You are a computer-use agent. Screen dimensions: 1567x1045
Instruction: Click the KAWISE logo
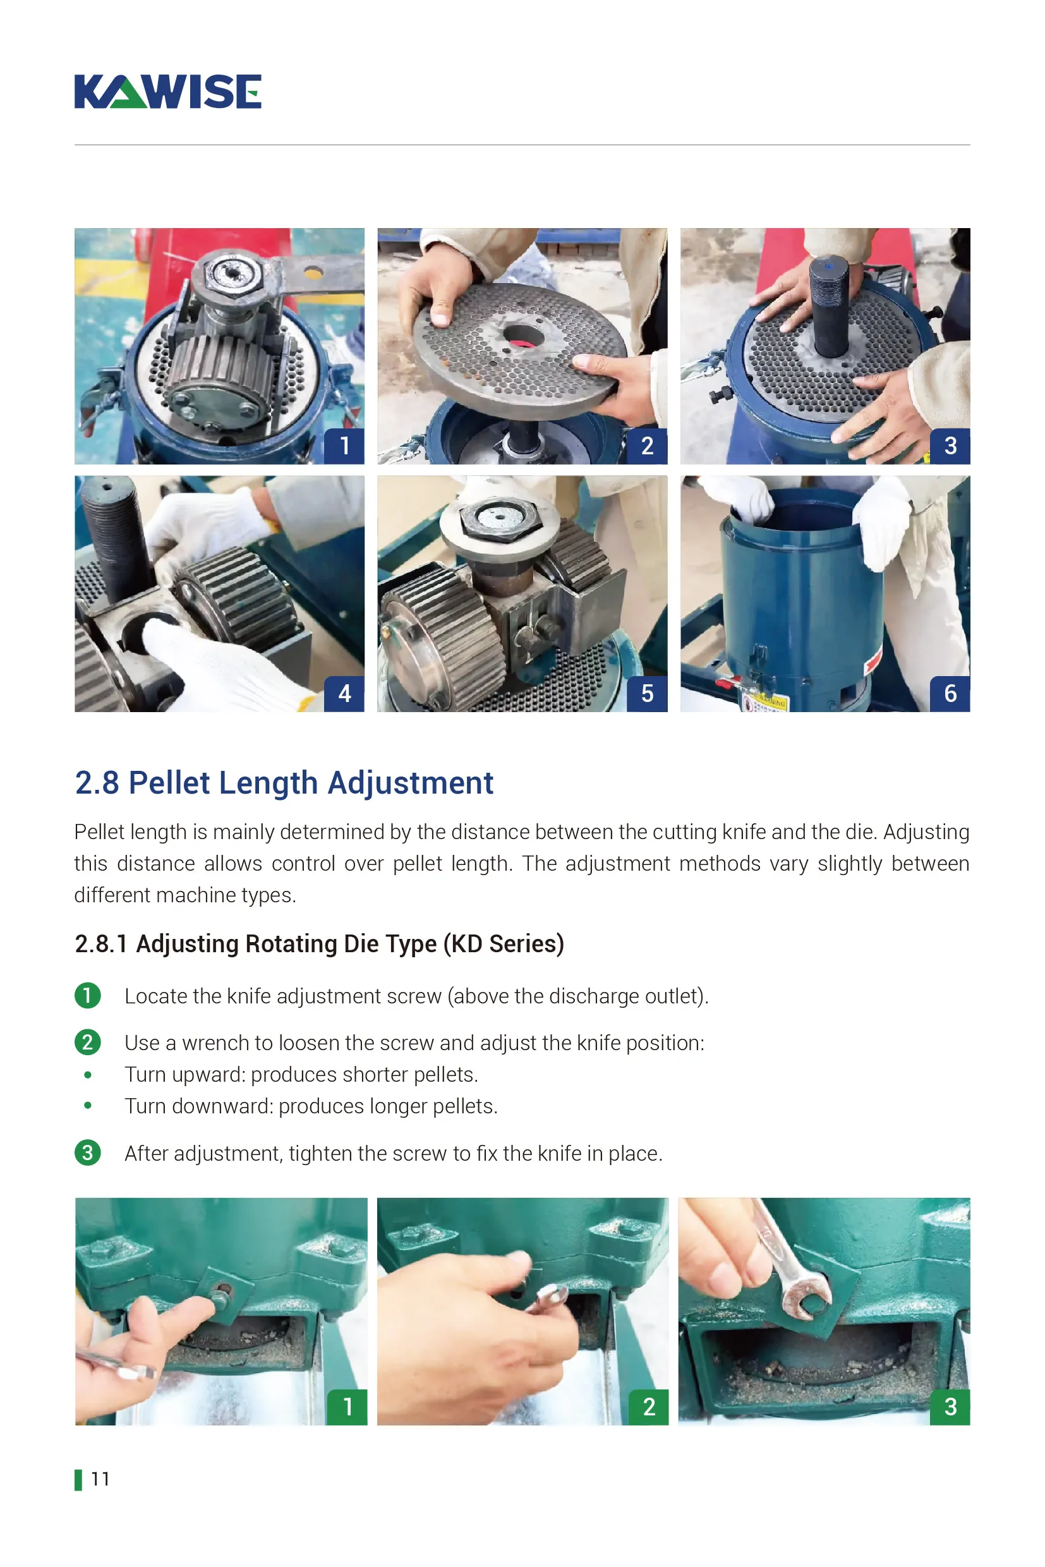[167, 92]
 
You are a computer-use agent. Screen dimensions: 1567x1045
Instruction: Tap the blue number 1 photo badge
[344, 446]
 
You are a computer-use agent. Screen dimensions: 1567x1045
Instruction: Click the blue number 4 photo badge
[344, 693]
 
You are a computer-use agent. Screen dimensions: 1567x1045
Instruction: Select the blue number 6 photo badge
[950, 693]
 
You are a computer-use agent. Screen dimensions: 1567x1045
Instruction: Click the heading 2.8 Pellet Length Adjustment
[284, 782]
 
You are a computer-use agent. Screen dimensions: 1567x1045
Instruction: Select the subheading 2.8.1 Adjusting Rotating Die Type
[319, 944]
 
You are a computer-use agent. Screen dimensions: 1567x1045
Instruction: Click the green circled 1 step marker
[87, 996]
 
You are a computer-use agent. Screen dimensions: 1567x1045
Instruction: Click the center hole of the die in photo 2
[524, 337]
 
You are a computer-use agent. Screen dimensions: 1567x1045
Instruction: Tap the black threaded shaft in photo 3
[829, 306]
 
